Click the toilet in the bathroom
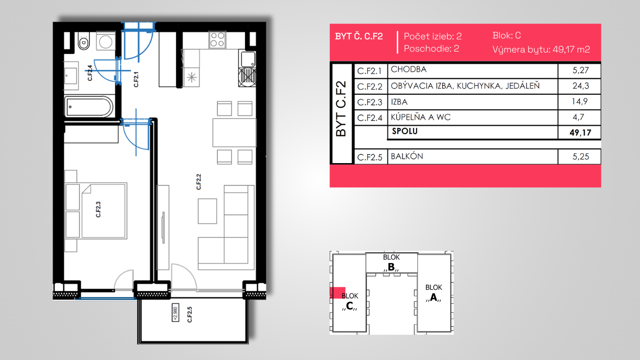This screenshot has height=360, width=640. pyautogui.click(x=83, y=41)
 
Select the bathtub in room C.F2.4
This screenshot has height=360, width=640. pyautogui.click(x=89, y=107)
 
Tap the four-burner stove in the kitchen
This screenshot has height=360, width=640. pyautogui.click(x=217, y=40)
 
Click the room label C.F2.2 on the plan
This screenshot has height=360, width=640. pyautogui.click(x=199, y=182)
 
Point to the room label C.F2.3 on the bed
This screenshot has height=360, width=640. pyautogui.click(x=98, y=210)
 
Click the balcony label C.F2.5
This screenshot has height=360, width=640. pyautogui.click(x=190, y=315)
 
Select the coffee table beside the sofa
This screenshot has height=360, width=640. pyautogui.click(x=208, y=211)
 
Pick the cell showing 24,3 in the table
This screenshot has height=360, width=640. pyautogui.click(x=580, y=86)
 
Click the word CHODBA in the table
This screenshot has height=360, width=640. pyautogui.click(x=409, y=69)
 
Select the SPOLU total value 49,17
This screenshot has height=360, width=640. pyautogui.click(x=580, y=133)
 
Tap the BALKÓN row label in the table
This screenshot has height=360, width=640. pyautogui.click(x=407, y=157)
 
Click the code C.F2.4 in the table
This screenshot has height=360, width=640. pyautogui.click(x=370, y=118)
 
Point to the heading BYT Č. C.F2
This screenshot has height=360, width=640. pyautogui.click(x=359, y=36)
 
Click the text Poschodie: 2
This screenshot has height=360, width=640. pyautogui.click(x=432, y=49)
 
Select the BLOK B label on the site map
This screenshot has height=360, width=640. pyautogui.click(x=391, y=262)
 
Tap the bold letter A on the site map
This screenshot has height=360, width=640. pyautogui.click(x=433, y=298)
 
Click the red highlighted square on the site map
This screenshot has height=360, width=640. pyautogui.click(x=337, y=293)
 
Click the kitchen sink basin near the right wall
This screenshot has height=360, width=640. pyautogui.click(x=248, y=59)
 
